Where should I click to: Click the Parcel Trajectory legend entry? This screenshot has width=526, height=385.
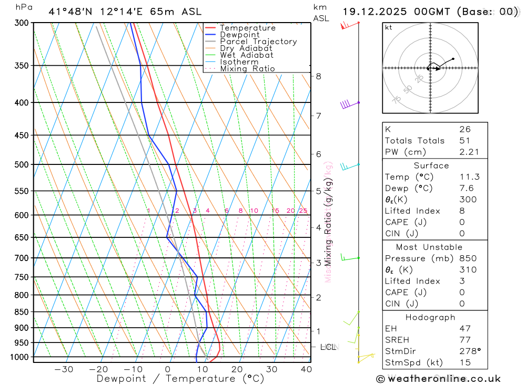pos(258,41)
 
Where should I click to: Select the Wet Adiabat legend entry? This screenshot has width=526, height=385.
pos(247,55)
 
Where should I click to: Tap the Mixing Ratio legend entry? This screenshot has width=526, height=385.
pos(247,69)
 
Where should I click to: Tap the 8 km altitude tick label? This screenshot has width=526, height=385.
pos(318,76)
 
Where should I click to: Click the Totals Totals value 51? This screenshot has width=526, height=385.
pos(464,141)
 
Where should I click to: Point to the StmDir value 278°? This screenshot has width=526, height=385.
pos(468,351)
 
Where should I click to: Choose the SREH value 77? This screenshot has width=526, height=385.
pos(464,340)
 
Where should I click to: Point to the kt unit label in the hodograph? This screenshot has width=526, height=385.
pos(389,27)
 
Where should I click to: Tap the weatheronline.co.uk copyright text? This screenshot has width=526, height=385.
pos(438,379)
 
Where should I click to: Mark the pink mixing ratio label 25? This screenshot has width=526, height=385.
pos(303,211)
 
